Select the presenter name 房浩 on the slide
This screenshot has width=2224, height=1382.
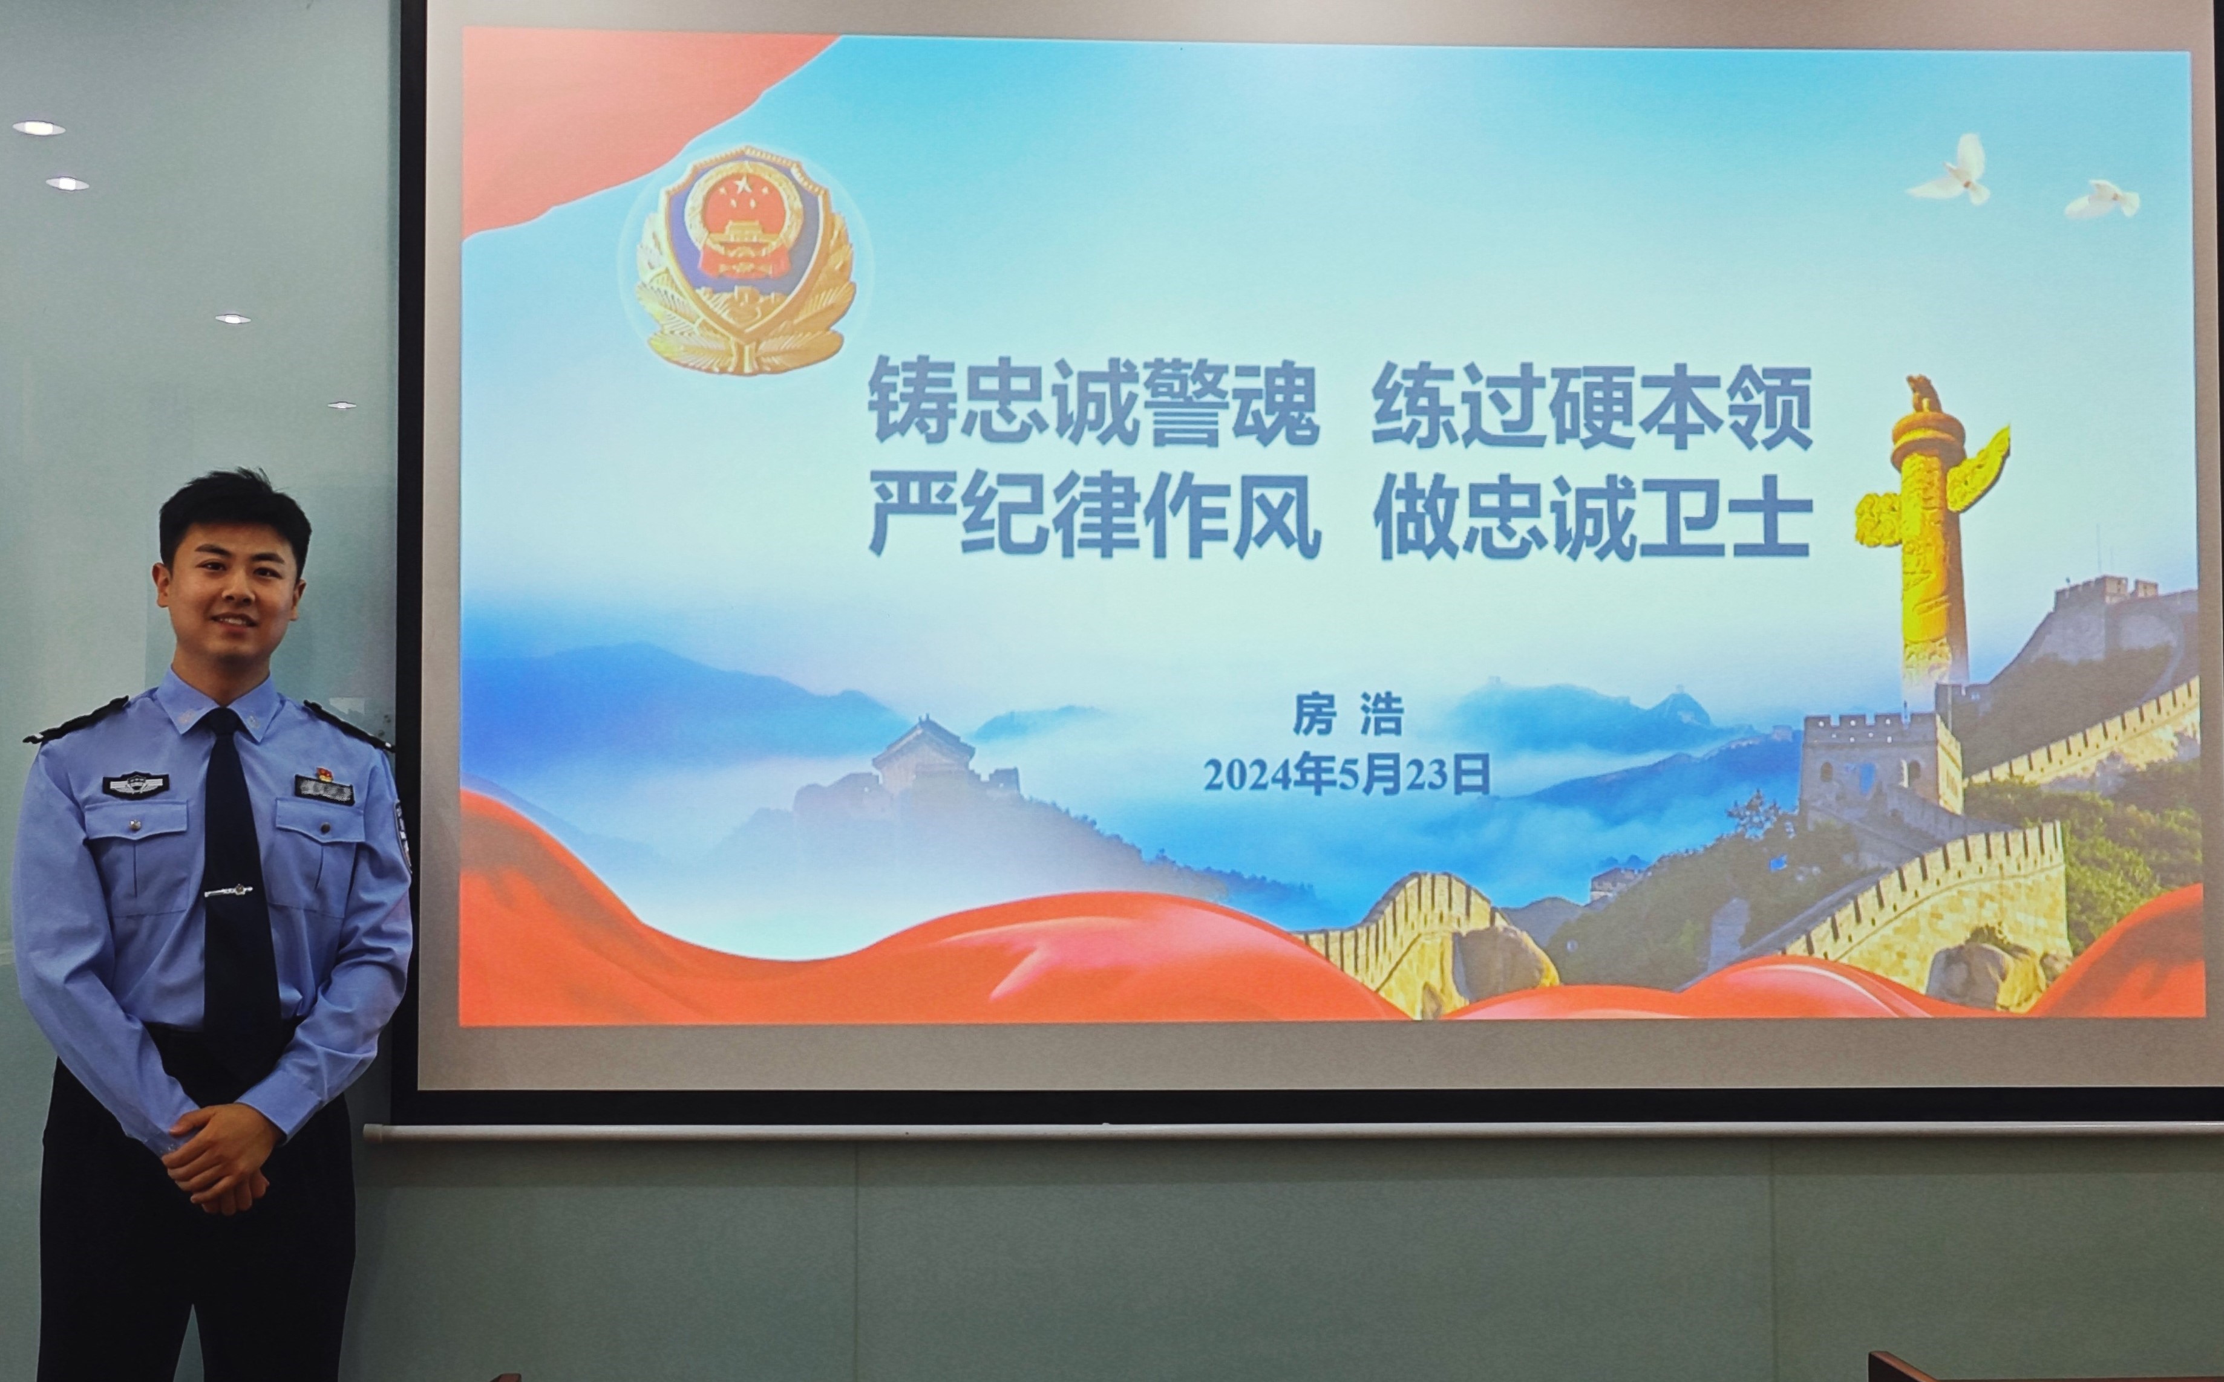tap(1347, 715)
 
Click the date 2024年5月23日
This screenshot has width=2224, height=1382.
tap(1346, 775)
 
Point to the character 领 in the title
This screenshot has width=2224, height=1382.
tap(1768, 405)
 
